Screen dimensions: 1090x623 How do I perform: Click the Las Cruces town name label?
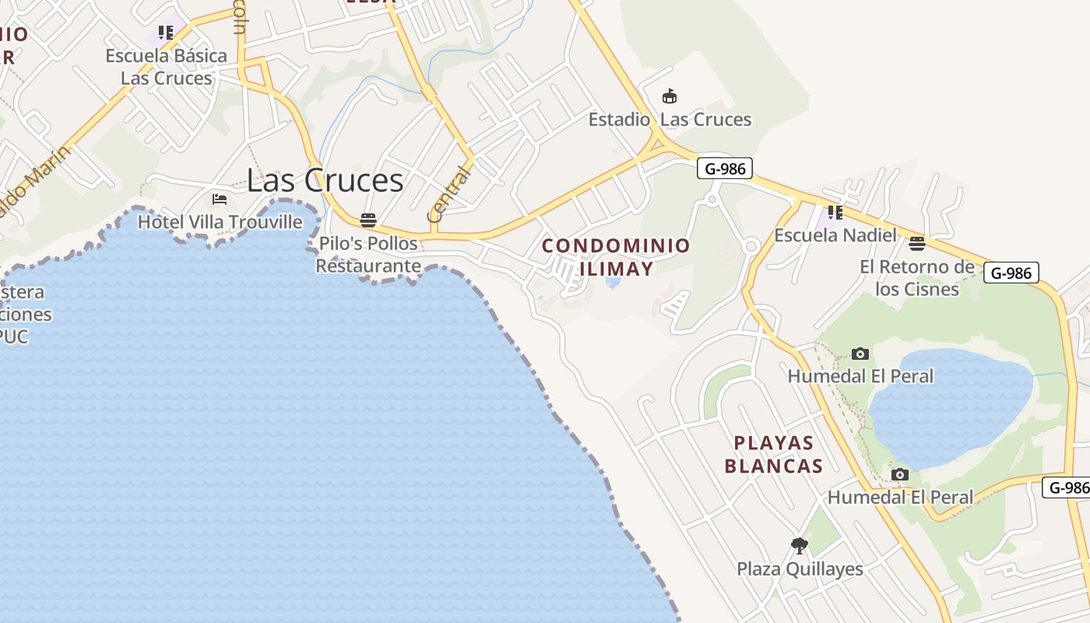coord(325,181)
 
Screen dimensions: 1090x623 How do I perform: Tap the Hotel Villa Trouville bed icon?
coord(220,199)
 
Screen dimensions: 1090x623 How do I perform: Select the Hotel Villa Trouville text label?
coord(220,222)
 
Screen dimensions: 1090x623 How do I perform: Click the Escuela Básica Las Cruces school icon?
coord(166,33)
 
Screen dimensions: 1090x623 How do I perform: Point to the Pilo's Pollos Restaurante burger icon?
coord(368,220)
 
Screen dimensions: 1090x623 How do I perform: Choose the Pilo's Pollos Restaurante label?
coord(368,255)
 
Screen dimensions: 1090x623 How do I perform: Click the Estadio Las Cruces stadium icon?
coord(669,97)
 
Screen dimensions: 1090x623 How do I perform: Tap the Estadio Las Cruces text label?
coord(670,120)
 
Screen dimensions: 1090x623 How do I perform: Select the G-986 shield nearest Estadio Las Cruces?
coord(724,168)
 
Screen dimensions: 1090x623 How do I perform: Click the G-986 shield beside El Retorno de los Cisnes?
coord(1011,273)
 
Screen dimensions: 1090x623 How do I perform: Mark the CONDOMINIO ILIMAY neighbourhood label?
coord(616,257)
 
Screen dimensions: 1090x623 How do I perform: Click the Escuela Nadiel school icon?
coord(835,212)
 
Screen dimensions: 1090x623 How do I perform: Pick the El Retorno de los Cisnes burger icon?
coord(917,244)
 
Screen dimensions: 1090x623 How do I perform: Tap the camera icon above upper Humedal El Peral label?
coord(860,354)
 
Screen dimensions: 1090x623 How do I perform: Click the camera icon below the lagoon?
coord(899,475)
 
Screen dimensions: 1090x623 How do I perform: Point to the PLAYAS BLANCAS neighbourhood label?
coord(774,455)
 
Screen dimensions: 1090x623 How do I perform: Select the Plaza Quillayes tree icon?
coord(799,546)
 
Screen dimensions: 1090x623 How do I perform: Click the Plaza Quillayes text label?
coord(800,569)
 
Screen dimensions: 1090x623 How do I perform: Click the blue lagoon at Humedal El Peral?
coord(950,405)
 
